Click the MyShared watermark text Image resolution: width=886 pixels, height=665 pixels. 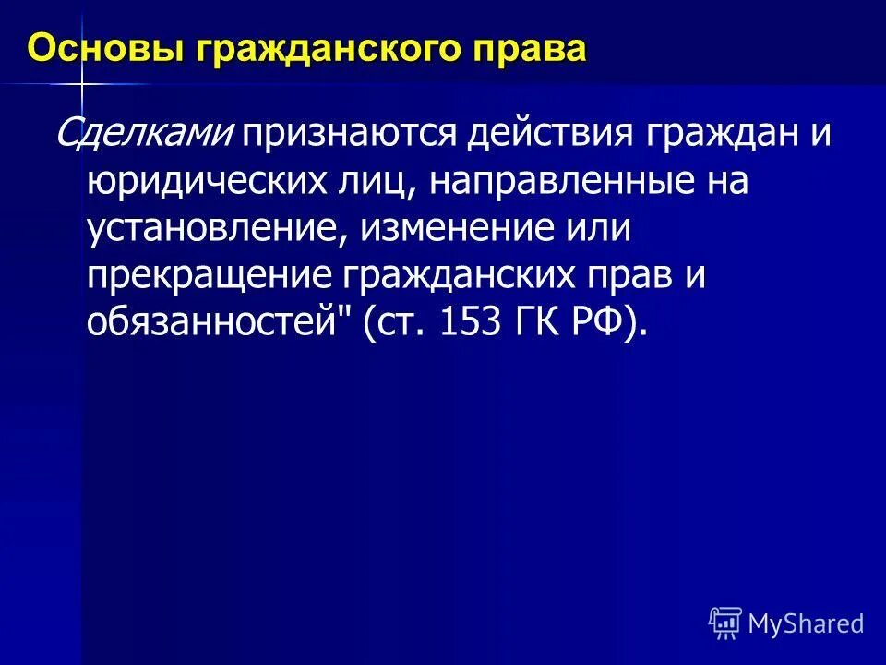tap(806, 623)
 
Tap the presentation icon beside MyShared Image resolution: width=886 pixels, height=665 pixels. tap(725, 623)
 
